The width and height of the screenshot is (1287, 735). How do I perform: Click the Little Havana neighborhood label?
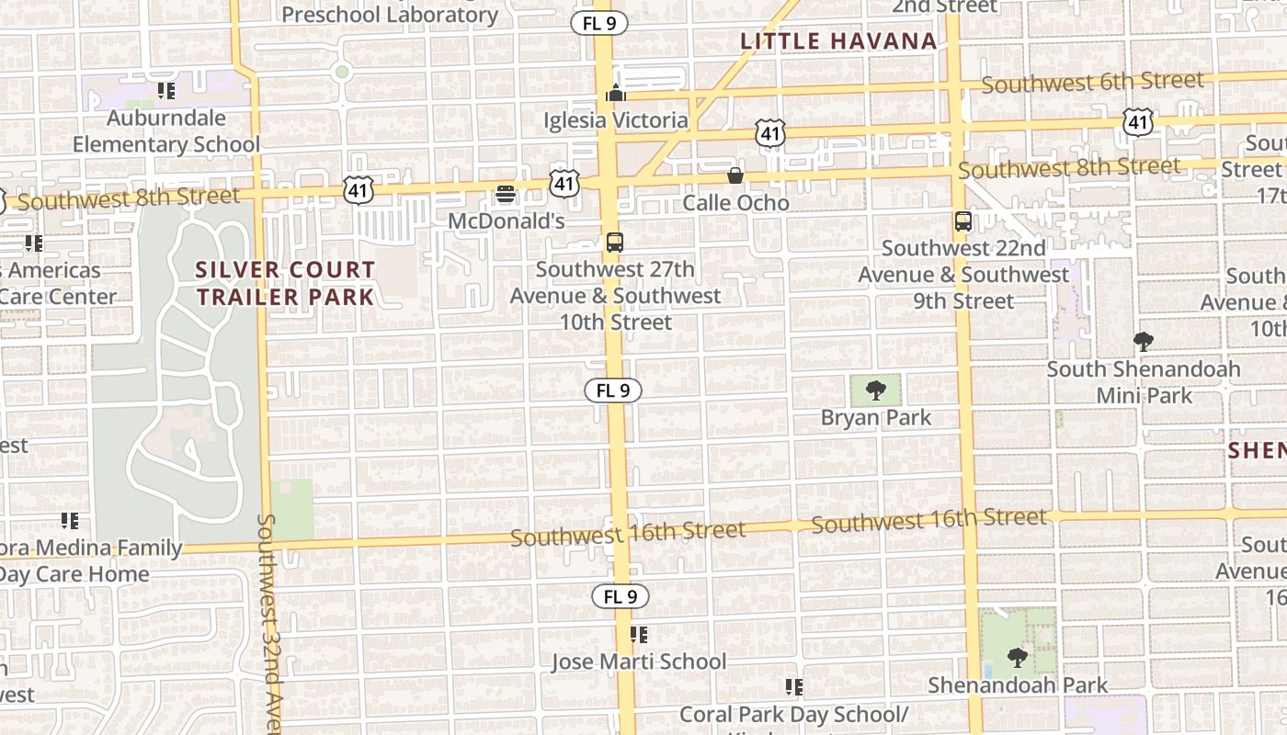pos(838,40)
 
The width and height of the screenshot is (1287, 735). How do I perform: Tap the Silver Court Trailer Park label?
pos(286,283)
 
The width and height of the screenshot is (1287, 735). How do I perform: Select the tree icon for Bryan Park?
pos(876,391)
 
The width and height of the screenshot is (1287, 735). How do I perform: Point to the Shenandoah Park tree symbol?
pos(1017,658)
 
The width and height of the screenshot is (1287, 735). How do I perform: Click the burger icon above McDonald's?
pos(506,194)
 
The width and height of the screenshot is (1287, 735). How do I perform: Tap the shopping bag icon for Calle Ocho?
pos(735,175)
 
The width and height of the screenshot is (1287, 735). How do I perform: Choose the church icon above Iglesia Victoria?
pos(616,93)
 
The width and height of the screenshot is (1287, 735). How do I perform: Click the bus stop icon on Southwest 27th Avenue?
pos(615,243)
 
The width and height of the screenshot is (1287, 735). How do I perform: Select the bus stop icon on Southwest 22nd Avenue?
pos(963,221)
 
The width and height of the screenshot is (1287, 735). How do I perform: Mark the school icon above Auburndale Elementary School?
pos(166,90)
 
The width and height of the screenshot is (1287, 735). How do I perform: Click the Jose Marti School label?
pos(639,661)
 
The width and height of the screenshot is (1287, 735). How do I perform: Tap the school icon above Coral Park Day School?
pos(794,687)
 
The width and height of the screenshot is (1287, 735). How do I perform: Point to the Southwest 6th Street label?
pos(1092,83)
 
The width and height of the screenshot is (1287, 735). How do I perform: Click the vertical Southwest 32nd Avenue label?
pos(268,625)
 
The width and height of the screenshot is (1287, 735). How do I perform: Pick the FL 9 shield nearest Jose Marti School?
pos(621,596)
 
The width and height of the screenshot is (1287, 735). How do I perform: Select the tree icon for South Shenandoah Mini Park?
pos(1144,343)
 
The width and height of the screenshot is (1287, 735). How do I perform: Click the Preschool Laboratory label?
pos(390,15)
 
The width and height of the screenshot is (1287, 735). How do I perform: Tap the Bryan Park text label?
pos(876,418)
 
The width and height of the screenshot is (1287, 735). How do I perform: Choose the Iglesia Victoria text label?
pos(616,120)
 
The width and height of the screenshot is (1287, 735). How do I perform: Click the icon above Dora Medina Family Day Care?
pos(70,521)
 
